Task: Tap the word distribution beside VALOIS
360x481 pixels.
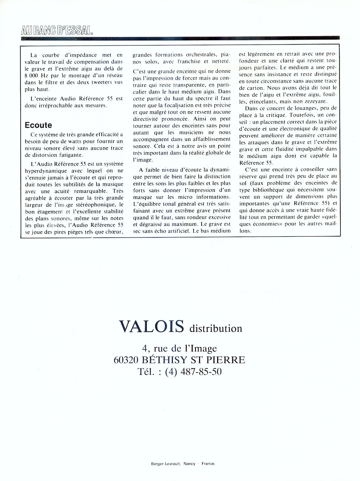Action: [216, 329]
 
